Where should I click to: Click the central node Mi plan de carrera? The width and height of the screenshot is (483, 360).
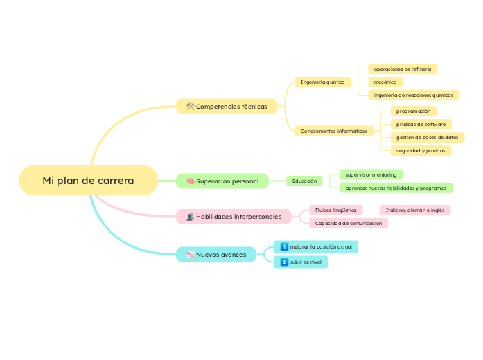point(88,181)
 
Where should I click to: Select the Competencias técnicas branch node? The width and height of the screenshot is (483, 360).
point(227,107)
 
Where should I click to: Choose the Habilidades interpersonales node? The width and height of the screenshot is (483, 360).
point(234,217)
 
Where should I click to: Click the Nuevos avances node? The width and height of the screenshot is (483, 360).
point(216,255)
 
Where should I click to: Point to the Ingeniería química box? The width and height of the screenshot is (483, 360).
point(322,82)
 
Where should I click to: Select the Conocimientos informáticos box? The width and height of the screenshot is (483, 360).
point(333,131)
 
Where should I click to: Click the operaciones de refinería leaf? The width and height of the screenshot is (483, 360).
point(402,69)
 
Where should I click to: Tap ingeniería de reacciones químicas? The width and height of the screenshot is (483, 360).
point(413,95)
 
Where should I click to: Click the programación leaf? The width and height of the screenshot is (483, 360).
point(413,111)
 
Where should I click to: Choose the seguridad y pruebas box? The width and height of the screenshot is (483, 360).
point(421,150)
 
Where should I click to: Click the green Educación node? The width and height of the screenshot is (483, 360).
point(304,181)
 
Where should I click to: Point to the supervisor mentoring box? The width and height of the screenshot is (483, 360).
point(371,174)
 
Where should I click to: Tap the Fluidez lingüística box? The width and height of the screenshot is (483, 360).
point(335,210)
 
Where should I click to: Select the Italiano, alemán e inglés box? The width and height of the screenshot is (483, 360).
point(415,210)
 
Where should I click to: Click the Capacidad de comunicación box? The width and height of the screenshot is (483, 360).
point(348,224)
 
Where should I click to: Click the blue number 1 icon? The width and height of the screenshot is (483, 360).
point(284,246)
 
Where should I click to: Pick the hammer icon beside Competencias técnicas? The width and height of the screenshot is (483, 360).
point(190,107)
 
